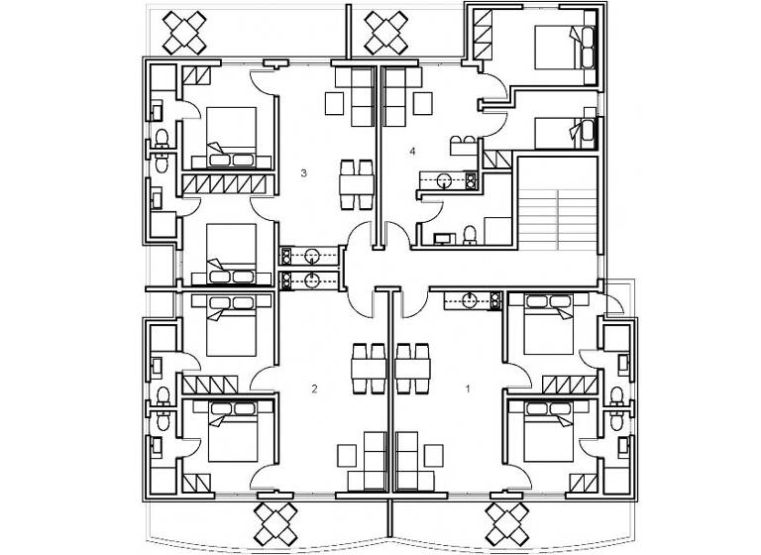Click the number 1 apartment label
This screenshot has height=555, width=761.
pos(468,388)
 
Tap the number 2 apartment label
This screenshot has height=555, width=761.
pos(314,388)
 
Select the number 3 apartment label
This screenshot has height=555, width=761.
pos(303,173)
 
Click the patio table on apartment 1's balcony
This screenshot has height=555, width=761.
pos(509,521)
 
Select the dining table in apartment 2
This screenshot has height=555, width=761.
pos(371,368)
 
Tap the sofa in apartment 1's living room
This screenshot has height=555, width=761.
pos(406,461)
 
